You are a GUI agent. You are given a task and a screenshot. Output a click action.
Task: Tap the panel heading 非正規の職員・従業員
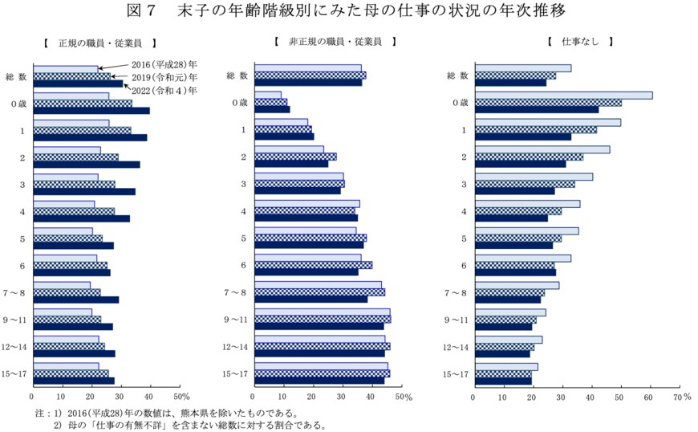point(335,41)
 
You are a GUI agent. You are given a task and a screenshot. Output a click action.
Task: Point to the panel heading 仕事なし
point(581,41)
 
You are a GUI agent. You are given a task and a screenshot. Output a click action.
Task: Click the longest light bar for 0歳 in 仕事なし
point(562,96)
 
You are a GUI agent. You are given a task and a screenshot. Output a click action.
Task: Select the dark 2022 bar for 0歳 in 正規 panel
point(91,110)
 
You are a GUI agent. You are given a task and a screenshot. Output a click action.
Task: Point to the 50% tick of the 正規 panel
point(181,397)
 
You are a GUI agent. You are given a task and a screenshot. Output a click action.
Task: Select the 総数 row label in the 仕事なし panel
point(458,76)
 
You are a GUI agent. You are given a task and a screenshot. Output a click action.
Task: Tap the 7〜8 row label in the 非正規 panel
point(237,292)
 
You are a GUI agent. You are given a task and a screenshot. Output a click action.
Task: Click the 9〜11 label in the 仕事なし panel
point(458,320)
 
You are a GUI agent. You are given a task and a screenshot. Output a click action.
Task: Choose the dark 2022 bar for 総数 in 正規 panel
point(78,84)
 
